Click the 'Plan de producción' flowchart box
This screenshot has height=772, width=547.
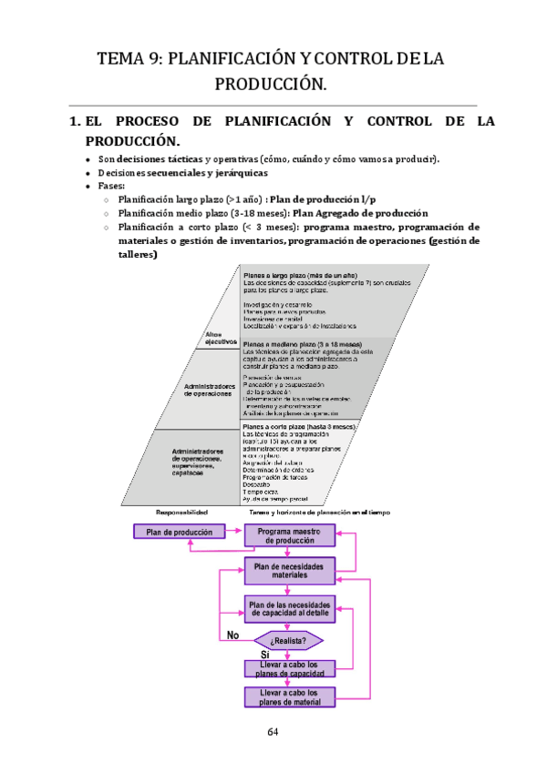[x=180, y=532]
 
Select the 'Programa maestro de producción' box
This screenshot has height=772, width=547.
[x=288, y=535]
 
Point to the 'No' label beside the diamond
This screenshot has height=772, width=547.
[x=233, y=635]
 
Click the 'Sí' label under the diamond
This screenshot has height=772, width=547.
[x=265, y=655]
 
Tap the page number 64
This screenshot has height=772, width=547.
[x=273, y=733]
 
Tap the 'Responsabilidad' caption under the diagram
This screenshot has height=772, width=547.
[x=182, y=513]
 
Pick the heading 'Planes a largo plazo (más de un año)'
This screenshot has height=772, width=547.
[x=302, y=274]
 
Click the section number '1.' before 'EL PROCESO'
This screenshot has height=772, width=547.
[x=75, y=121]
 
